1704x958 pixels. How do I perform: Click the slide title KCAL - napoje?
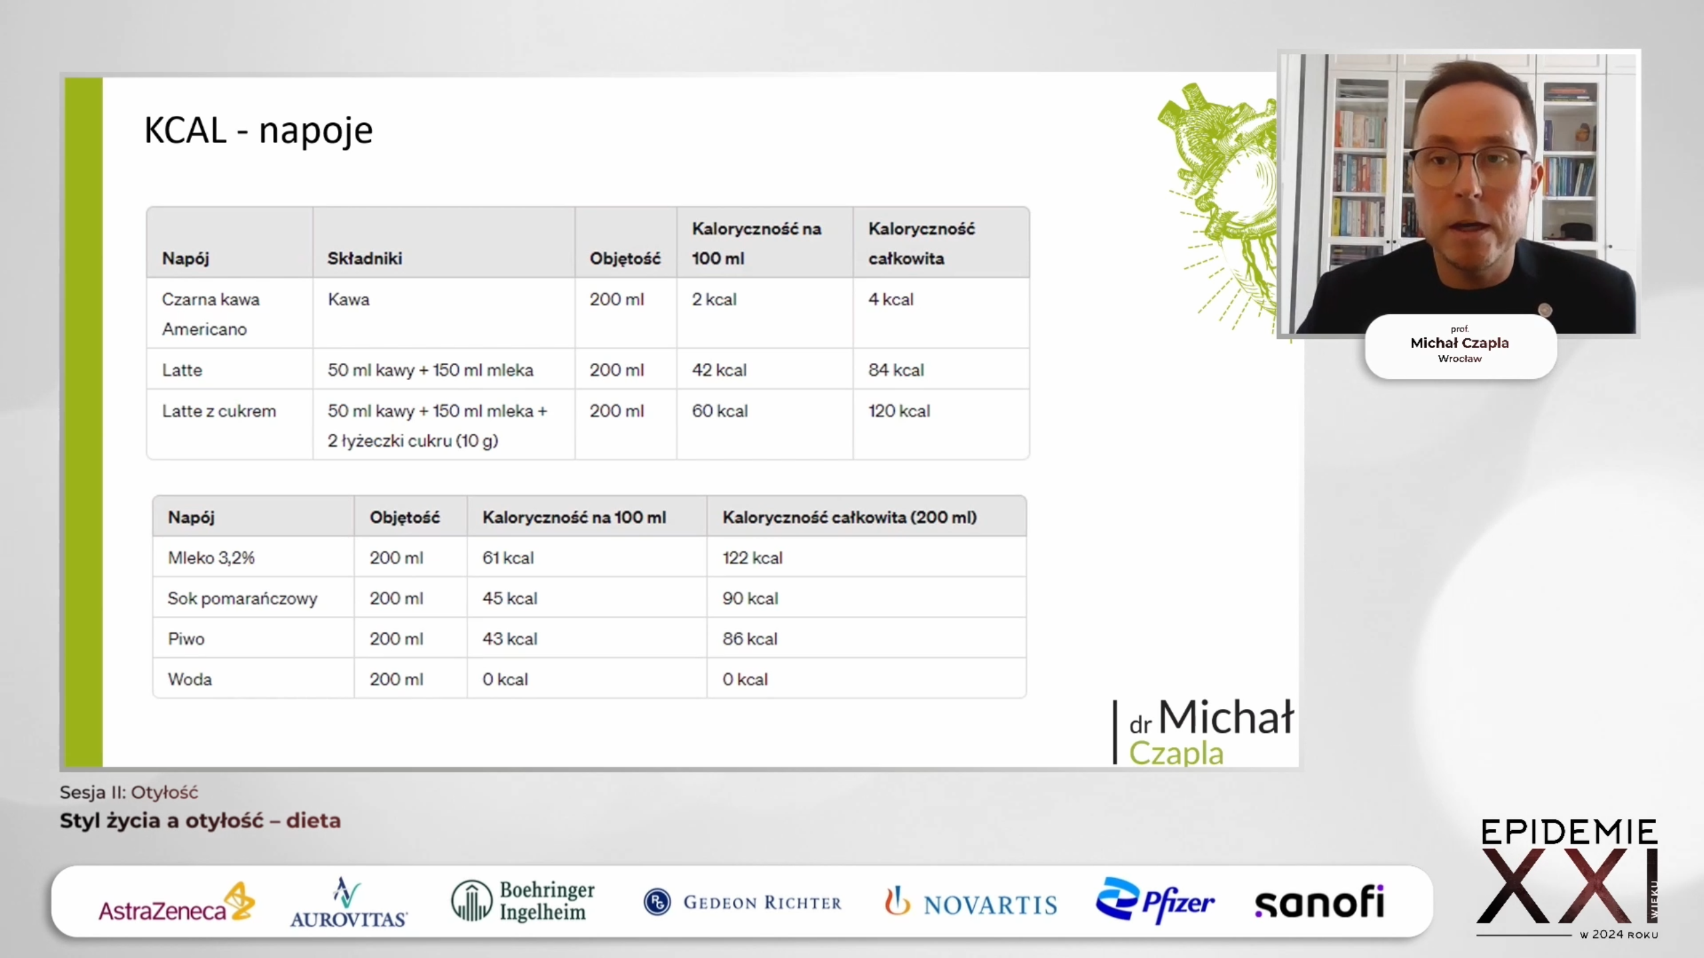pos(258,130)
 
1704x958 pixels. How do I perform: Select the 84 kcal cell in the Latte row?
pos(896,370)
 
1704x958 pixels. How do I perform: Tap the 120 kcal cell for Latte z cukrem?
pos(899,411)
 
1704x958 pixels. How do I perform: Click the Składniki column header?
pos(364,258)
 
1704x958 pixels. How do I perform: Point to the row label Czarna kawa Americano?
pos(210,314)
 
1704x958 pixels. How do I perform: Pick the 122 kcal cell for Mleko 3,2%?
pos(752,558)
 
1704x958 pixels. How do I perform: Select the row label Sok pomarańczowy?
pos(242,599)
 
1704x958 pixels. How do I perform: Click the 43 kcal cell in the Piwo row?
pos(509,639)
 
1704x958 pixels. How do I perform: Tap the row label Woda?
pos(190,680)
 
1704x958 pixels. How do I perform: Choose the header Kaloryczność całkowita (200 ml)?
pos(850,517)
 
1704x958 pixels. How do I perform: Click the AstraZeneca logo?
pos(176,902)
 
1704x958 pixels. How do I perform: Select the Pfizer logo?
pos(1155,901)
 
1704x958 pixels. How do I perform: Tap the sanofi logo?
pos(1320,902)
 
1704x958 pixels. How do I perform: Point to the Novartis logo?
pos(971,903)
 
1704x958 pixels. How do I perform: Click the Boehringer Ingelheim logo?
pos(523,901)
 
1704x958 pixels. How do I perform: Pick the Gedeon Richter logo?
pos(742,902)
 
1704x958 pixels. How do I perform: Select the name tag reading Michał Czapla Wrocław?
pos(1460,346)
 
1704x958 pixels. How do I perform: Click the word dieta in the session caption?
pos(314,821)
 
